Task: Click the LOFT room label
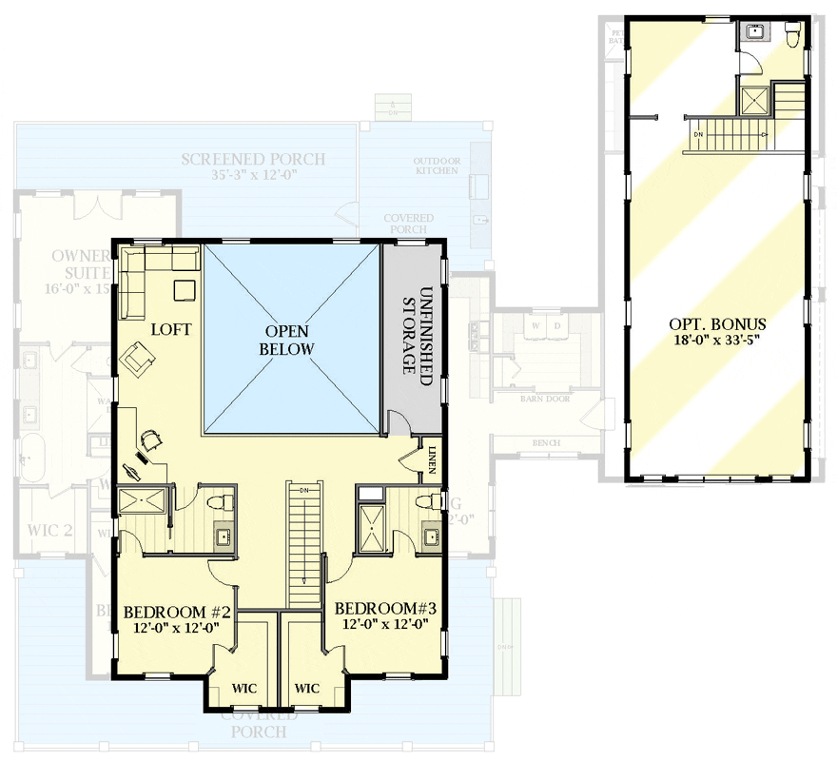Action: [x=171, y=330]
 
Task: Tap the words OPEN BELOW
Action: [x=290, y=340]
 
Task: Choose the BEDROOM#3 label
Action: [x=385, y=608]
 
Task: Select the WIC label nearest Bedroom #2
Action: [x=244, y=689]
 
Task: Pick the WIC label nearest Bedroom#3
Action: [x=306, y=689]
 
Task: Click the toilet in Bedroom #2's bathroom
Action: [x=216, y=501]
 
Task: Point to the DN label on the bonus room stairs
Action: [x=698, y=134]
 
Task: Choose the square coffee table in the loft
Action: [x=184, y=288]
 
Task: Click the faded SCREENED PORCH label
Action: [x=253, y=159]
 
